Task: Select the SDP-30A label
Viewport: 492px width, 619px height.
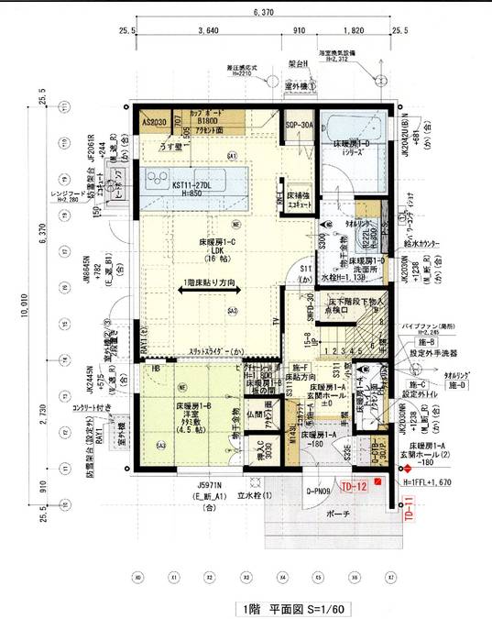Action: click(299, 124)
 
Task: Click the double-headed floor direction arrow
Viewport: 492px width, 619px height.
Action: click(211, 290)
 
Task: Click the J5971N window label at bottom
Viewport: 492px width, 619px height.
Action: click(210, 483)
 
